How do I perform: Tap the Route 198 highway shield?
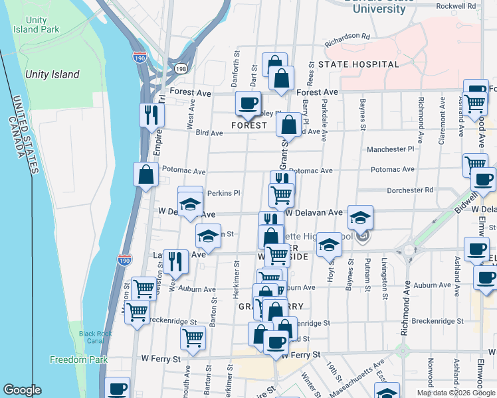pos(181,68)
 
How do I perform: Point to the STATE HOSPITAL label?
pos(358,64)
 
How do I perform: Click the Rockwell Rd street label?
pos(456,6)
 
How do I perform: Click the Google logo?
pos(22,390)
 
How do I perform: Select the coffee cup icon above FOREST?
pos(248,103)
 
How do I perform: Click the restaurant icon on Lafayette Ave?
pos(175,260)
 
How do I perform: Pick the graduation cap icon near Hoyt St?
pos(328,244)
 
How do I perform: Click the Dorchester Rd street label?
pos(410,190)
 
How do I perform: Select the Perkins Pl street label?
pos(223,193)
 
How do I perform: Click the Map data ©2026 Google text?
pos(454,393)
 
